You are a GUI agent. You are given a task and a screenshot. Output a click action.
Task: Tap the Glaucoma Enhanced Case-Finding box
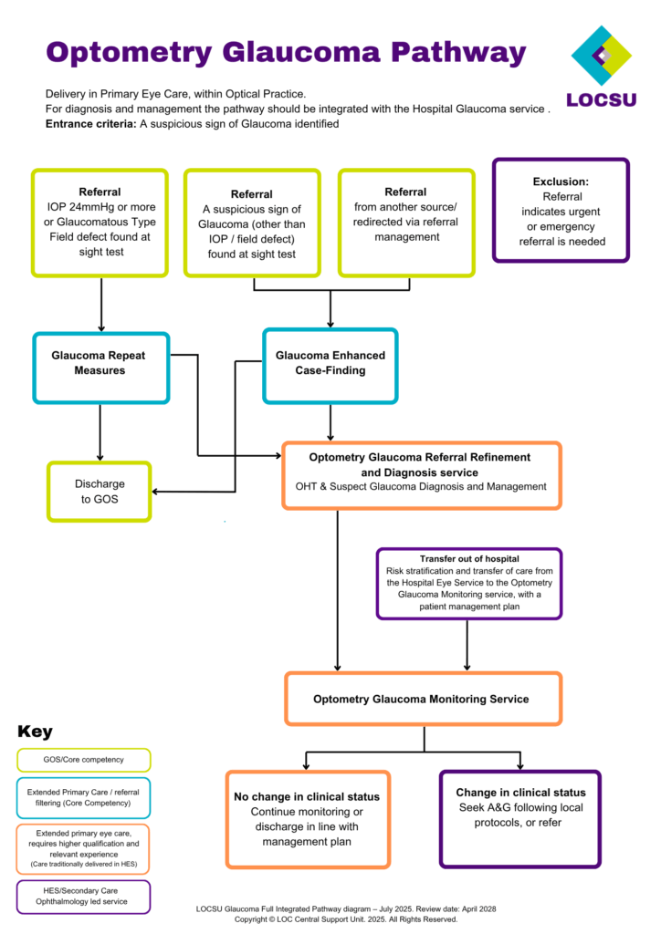pyautogui.click(x=330, y=363)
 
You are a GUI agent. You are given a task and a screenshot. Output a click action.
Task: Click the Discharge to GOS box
pyautogui.click(x=100, y=492)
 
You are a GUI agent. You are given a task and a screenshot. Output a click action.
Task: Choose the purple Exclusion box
pyautogui.click(x=561, y=211)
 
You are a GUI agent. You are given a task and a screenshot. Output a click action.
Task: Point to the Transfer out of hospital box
pyautogui.click(x=469, y=583)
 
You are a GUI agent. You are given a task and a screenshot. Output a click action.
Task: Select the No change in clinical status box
pyautogui.click(x=307, y=818)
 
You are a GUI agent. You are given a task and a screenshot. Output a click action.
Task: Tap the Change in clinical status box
pyautogui.click(x=520, y=817)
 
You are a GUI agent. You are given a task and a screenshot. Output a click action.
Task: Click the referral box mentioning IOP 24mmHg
pyautogui.click(x=100, y=222)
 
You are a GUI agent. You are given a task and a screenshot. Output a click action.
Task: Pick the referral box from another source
pyautogui.click(x=405, y=222)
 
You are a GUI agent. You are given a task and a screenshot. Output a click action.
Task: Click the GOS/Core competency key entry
pyautogui.click(x=83, y=759)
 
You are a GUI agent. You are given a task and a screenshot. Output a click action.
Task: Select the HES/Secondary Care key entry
pyautogui.click(x=83, y=896)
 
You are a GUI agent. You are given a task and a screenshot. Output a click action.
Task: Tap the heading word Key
pyautogui.click(x=35, y=732)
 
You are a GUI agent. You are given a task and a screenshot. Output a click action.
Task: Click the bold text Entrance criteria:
pyautogui.click(x=90, y=124)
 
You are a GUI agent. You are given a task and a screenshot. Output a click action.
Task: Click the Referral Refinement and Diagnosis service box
pyautogui.click(x=421, y=474)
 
